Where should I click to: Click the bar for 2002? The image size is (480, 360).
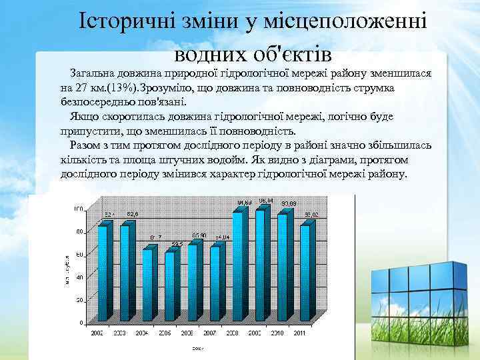pos(103,273)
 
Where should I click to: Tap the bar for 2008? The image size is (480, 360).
pos(237,267)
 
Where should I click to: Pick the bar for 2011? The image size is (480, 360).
pos(305,273)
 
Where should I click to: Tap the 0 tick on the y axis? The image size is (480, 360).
pos(81,323)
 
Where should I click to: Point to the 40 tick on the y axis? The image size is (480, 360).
pos(79,277)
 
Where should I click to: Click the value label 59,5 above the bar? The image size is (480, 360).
pos(177,245)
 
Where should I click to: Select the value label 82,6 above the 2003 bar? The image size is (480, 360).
pos(133,214)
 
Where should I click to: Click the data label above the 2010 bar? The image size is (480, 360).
pos(289,203)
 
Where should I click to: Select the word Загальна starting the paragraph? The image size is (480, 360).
pos(90,74)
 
